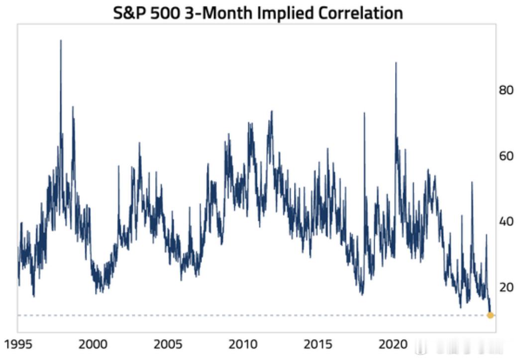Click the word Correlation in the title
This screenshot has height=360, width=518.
pyautogui.click(x=360, y=13)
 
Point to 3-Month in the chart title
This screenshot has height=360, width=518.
pyautogui.click(x=218, y=13)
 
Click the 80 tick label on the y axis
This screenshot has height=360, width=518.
pyautogui.click(x=506, y=90)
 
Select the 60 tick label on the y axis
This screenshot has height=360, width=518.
pyautogui.click(x=506, y=156)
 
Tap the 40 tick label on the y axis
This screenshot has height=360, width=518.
pyautogui.click(x=506, y=221)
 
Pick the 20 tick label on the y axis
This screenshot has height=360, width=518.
pyautogui.click(x=506, y=287)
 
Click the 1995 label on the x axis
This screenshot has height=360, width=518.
pyautogui.click(x=18, y=344)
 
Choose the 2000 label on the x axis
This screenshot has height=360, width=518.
pyautogui.click(x=93, y=344)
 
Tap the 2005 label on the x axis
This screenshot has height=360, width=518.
pyautogui.click(x=168, y=344)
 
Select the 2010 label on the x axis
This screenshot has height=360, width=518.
pyautogui.click(x=243, y=344)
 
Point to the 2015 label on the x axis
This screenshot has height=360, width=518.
pyautogui.click(x=318, y=344)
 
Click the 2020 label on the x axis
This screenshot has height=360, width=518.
pyautogui.click(x=393, y=344)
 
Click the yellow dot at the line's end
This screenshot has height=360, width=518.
pyautogui.click(x=490, y=315)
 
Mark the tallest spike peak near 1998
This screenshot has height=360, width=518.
pyautogui.click(x=61, y=40)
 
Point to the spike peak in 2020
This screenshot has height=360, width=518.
pyautogui.click(x=396, y=62)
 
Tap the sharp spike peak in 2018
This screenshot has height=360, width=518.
pyautogui.click(x=364, y=113)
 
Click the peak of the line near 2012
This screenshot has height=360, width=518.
pyautogui.click(x=272, y=111)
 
